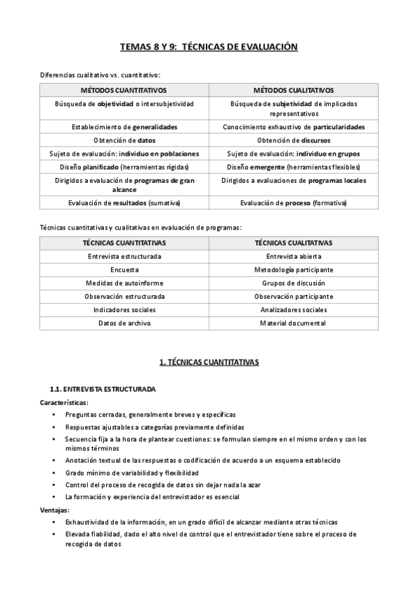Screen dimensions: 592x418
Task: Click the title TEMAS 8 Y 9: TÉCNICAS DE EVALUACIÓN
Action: pos(209,47)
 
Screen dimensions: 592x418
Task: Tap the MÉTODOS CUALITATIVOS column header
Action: pos(293,90)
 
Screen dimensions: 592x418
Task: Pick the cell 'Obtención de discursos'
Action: pos(293,140)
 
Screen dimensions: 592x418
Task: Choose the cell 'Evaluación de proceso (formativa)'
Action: pos(293,203)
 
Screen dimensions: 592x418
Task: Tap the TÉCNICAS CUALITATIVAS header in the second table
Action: pos(293,243)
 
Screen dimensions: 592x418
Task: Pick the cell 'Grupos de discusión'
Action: pos(293,283)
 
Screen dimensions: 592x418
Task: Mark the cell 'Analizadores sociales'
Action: pos(293,309)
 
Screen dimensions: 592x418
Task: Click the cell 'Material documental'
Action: pos(293,323)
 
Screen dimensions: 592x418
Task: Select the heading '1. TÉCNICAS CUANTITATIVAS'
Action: pos(209,362)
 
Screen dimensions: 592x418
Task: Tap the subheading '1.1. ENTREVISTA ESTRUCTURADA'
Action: pos(103,389)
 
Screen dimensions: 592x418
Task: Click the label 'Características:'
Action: pos(64,402)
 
